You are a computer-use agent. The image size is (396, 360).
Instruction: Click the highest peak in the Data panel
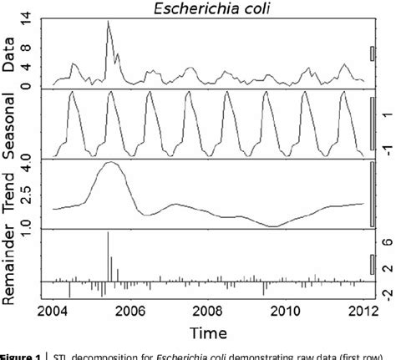(x=109, y=22)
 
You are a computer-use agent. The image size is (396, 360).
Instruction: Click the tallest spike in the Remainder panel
(x=109, y=233)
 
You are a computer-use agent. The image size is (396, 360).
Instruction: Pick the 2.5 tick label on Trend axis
(x=28, y=196)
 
